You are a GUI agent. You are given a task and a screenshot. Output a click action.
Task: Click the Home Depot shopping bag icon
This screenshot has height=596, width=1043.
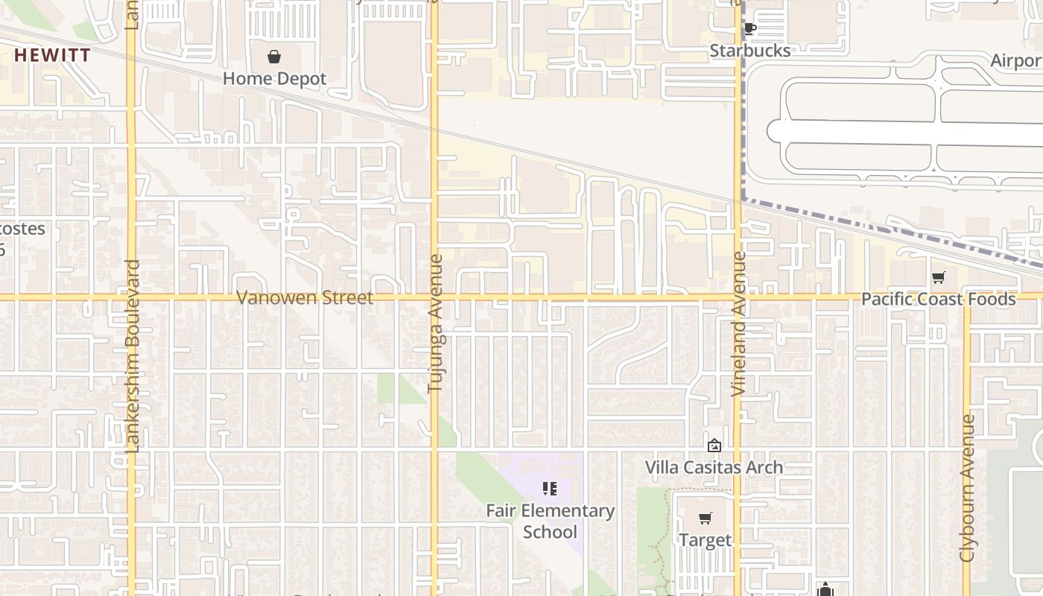[274, 57]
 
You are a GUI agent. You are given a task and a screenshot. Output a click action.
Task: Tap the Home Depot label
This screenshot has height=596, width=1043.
[274, 78]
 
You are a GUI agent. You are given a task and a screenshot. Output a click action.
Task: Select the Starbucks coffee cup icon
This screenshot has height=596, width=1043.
[749, 29]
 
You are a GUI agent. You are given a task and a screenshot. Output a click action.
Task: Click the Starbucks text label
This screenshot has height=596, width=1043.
[749, 51]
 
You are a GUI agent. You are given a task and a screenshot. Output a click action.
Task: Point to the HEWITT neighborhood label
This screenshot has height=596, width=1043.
[52, 55]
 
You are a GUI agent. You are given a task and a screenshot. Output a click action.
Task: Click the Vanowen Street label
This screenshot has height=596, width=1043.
[305, 297]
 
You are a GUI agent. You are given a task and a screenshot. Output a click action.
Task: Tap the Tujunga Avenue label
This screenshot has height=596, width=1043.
[435, 323]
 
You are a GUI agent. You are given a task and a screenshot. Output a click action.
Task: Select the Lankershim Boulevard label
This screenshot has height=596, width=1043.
[133, 355]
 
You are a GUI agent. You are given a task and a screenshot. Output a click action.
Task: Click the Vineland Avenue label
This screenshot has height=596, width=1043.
[738, 323]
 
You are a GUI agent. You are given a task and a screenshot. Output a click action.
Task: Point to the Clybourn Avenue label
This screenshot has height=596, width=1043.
[967, 488]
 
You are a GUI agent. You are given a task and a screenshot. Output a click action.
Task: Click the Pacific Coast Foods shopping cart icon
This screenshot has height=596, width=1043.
[938, 278]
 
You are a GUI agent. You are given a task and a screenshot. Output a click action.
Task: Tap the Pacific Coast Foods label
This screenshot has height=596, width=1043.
[938, 299]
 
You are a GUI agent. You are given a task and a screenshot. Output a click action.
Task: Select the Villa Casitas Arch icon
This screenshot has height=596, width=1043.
[714, 446]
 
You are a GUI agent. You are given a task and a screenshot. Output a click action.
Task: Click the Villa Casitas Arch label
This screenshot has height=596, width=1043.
[714, 467]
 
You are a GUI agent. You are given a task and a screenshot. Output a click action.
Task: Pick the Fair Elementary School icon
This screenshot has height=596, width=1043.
[550, 489]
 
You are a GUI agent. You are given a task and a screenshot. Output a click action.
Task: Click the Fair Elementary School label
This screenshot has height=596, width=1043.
[550, 521]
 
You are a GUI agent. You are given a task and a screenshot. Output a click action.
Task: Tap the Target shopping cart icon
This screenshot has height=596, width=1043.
[705, 518]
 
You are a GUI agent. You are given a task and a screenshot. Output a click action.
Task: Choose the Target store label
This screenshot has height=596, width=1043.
[705, 539]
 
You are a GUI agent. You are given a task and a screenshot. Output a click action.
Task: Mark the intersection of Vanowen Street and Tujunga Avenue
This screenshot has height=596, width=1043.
[434, 297]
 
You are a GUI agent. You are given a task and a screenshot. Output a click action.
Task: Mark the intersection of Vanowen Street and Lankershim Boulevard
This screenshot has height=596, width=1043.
[131, 297]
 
